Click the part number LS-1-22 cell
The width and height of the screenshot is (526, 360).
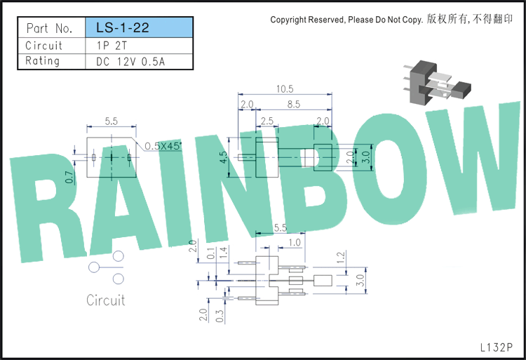point(139,27)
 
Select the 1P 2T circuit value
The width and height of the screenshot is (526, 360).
point(112,46)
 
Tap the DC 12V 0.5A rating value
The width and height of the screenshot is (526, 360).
point(130,62)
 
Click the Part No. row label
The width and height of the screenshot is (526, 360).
point(49,28)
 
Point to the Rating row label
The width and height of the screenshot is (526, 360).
point(43,61)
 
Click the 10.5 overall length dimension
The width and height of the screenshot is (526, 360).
point(285,89)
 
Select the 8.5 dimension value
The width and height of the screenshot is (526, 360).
point(294,105)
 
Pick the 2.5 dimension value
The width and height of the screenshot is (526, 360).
point(267,121)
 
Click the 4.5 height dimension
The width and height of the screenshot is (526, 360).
point(224,157)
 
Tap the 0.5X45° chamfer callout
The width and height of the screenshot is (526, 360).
point(163,146)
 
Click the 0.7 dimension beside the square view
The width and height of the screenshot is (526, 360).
point(69,177)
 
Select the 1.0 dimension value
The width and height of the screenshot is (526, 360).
point(295,242)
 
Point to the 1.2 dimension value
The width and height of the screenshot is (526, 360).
point(341,258)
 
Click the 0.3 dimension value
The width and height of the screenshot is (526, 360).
point(220,316)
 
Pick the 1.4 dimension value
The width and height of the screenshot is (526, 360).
point(224,252)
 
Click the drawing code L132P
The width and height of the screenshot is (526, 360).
point(497,347)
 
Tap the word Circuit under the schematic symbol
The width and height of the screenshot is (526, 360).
point(106,300)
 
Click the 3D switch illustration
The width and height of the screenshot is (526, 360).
point(438,82)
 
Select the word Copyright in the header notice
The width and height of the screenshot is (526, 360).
point(288,20)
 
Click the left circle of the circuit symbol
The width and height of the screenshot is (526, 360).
point(94,267)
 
